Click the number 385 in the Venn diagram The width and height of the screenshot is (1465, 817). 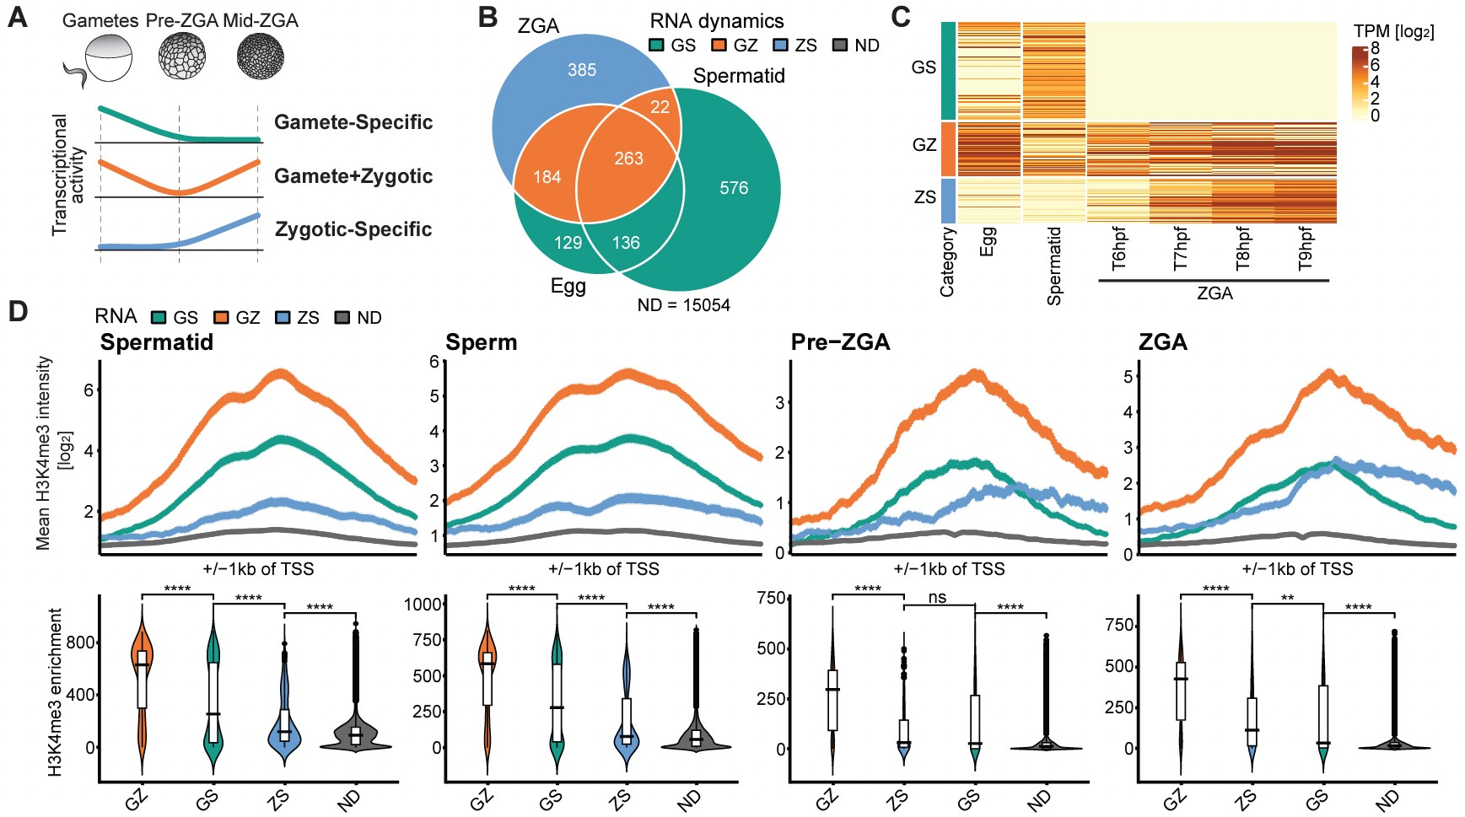click(582, 70)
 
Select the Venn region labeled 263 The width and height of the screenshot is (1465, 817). click(628, 159)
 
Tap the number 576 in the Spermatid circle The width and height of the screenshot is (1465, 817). click(734, 188)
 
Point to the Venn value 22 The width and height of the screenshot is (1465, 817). click(660, 107)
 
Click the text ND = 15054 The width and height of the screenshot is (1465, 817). click(683, 305)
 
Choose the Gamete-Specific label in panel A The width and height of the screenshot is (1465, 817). click(353, 122)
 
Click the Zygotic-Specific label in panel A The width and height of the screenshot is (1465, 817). click(353, 229)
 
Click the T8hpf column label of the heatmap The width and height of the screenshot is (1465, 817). click(1243, 249)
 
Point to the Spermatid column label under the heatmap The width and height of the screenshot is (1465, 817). click(1053, 266)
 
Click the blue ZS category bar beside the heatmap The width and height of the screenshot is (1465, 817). click(947, 201)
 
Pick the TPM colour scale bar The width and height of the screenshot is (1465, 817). click(1359, 83)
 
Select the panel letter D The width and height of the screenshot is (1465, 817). click(18, 311)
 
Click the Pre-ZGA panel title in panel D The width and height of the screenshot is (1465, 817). click(840, 342)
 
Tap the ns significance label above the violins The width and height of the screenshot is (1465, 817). click(937, 598)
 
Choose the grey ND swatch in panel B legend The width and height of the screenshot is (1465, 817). click(840, 46)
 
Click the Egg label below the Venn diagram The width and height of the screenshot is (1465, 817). click(568, 286)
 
